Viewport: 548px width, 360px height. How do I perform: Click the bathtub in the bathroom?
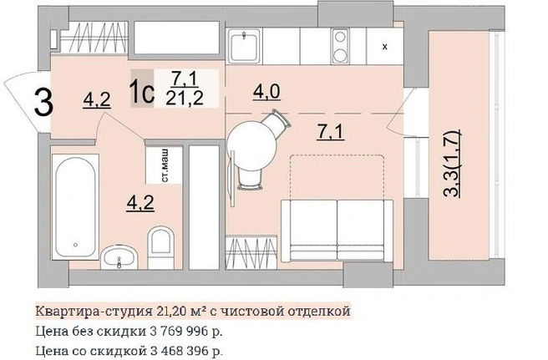[x=75, y=206]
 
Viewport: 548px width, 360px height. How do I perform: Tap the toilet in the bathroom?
[x=160, y=247]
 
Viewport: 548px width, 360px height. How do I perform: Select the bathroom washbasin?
[x=119, y=257]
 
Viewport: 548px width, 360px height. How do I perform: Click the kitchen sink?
[x=244, y=46]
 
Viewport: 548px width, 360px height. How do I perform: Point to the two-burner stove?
[x=340, y=46]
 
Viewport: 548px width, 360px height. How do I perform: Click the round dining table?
[x=251, y=145]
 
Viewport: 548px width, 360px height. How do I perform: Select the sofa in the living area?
[x=337, y=231]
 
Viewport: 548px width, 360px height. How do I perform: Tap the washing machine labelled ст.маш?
[x=165, y=165]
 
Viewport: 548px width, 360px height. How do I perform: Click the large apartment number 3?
[x=43, y=103]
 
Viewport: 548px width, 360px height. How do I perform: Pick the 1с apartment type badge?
[x=142, y=89]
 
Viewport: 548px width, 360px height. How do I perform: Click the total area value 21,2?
[x=185, y=99]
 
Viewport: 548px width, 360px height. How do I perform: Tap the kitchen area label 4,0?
[x=266, y=92]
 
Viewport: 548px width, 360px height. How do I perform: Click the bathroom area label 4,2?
[x=140, y=203]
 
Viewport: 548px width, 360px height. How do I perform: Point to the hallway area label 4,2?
[x=97, y=99]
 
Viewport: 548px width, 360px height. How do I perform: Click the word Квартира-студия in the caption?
[x=93, y=311]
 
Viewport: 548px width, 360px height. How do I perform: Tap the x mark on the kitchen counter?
[x=385, y=47]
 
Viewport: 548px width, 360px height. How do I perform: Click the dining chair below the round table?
[x=249, y=178]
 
